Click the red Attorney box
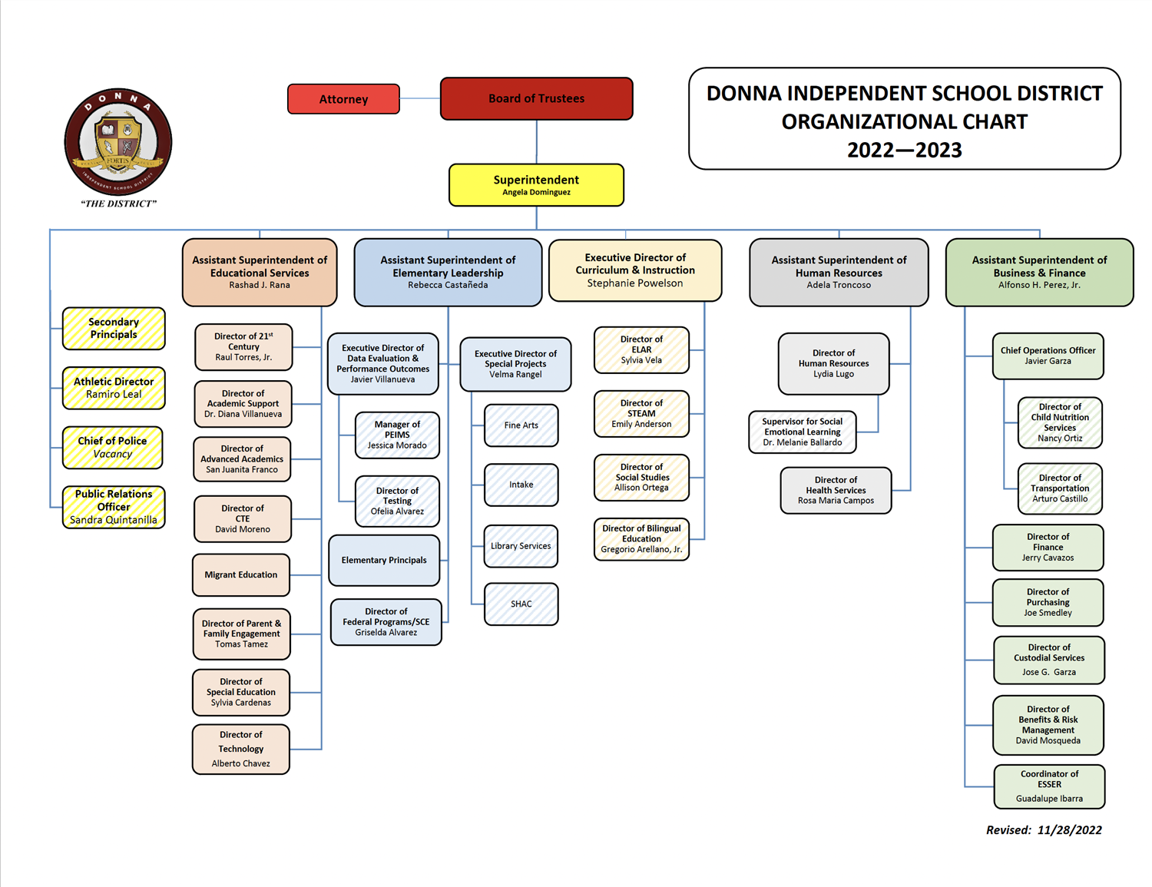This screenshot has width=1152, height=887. (343, 99)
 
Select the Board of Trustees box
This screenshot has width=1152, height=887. (537, 98)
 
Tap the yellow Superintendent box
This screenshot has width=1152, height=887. (536, 185)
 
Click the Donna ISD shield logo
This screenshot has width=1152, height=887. (118, 141)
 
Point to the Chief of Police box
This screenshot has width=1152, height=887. (112, 448)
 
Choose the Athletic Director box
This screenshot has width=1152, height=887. (114, 388)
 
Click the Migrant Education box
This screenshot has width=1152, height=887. (241, 575)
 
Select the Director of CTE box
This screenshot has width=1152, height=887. (242, 518)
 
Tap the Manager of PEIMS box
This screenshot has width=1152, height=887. (397, 435)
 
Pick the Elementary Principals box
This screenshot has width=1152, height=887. (384, 560)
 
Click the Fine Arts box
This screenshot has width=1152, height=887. (521, 425)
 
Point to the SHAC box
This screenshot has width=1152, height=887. (521, 604)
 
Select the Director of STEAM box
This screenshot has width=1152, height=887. (641, 414)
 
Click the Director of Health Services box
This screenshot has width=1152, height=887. (836, 490)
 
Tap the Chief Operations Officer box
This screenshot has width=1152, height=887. (1048, 356)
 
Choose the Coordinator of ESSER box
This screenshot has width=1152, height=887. (1050, 786)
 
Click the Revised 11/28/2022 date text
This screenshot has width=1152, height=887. (1044, 830)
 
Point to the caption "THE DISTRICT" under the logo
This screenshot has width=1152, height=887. (118, 204)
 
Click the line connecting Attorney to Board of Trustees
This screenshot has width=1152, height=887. (420, 98)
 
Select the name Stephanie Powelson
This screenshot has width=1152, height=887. (635, 283)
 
